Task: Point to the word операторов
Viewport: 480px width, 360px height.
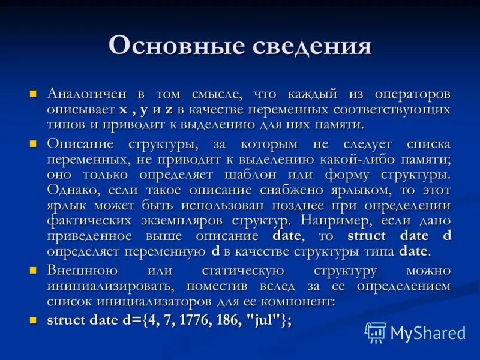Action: [x=412, y=95]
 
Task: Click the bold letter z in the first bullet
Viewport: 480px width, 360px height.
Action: [x=169, y=110]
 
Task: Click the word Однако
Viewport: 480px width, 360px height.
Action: [x=71, y=190]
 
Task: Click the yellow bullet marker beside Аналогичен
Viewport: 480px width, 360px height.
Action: [x=34, y=94]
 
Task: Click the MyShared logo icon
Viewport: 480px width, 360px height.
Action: [x=376, y=332]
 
